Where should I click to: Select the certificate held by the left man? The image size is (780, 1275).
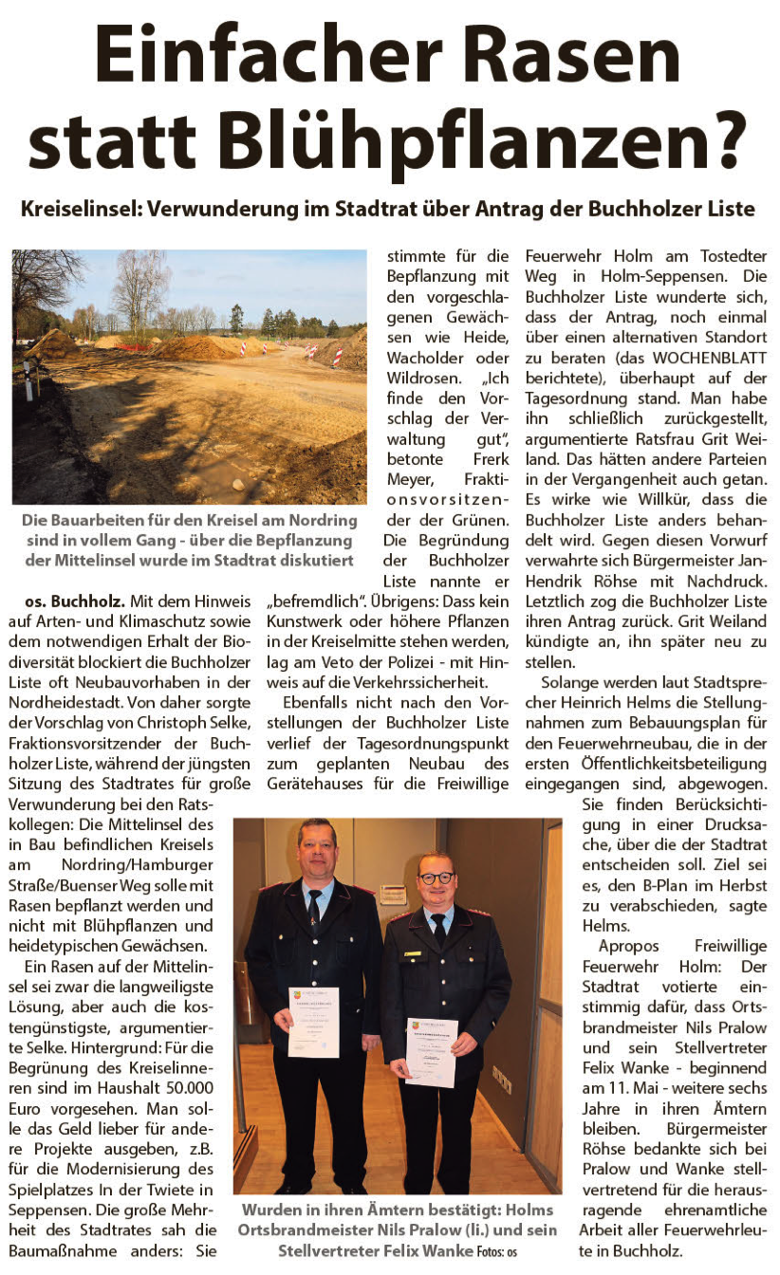pyautogui.click(x=313, y=1021)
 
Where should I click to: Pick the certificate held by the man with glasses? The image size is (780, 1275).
pyautogui.click(x=431, y=1051)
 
